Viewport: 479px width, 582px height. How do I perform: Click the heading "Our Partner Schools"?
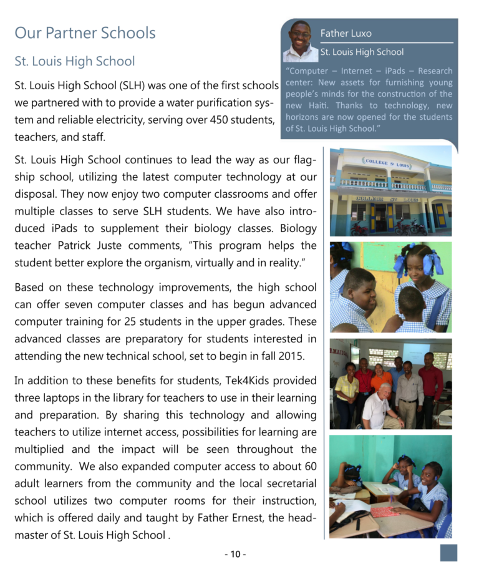pos(85,32)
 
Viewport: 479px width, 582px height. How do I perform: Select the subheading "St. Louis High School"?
pos(74,61)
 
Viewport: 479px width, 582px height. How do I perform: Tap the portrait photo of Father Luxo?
pos(301,42)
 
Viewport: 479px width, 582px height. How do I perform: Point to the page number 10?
pos(235,554)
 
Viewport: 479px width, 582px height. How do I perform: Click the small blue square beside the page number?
pos(448,553)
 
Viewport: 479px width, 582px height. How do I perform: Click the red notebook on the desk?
pos(385,512)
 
